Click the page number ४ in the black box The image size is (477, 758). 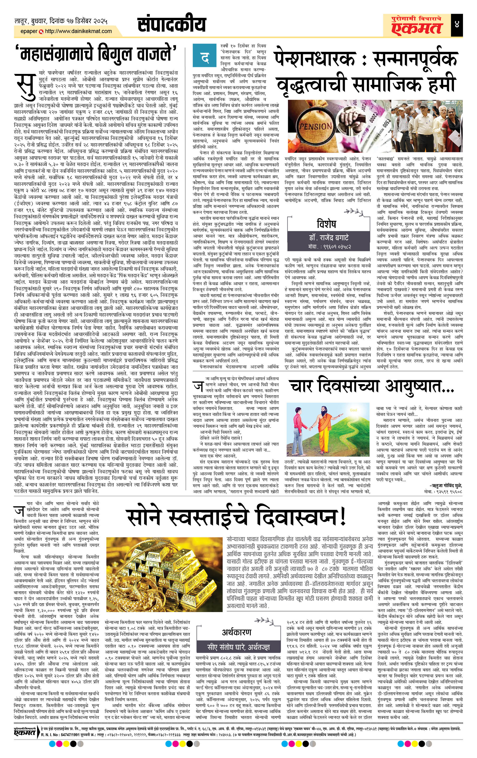tap(457, 24)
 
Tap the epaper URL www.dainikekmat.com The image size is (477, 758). tap(78, 31)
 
